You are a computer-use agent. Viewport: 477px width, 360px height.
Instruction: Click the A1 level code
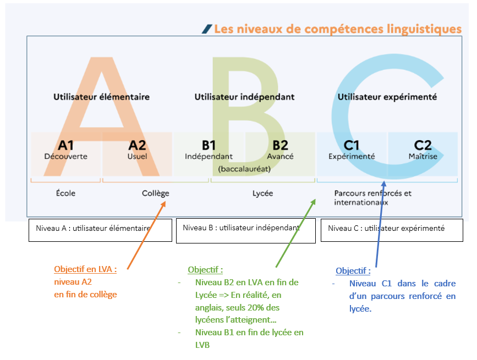point(65,146)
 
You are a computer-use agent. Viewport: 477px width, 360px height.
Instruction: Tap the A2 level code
point(137,146)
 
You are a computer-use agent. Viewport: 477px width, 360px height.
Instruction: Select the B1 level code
point(209,146)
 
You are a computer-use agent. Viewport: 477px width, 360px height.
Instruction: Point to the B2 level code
point(280,146)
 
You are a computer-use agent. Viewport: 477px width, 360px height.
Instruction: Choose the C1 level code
point(352,146)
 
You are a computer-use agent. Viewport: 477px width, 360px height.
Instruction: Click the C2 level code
point(423,146)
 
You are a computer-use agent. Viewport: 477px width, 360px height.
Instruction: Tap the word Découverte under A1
point(65,157)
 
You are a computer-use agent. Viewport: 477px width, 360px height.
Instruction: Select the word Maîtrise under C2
point(423,157)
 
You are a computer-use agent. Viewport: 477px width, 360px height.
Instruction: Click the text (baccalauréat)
point(244,169)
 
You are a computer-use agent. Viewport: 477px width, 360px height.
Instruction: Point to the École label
point(65,193)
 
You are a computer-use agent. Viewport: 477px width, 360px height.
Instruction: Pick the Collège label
point(156,193)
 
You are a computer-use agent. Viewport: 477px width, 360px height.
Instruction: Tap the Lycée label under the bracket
point(263,193)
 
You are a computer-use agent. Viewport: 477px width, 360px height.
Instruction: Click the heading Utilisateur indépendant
point(245,97)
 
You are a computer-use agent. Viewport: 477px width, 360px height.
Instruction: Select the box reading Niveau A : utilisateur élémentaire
point(100,230)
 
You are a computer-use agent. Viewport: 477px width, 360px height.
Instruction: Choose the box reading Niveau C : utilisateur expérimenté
point(392,230)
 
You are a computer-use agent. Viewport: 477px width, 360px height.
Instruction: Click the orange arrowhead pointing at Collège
point(163,204)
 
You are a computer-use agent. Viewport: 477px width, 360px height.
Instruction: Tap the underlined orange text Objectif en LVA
point(85,269)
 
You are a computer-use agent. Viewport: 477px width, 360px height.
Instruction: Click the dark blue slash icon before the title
point(207,29)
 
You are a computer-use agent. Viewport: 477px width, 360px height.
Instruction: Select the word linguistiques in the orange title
point(424,30)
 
